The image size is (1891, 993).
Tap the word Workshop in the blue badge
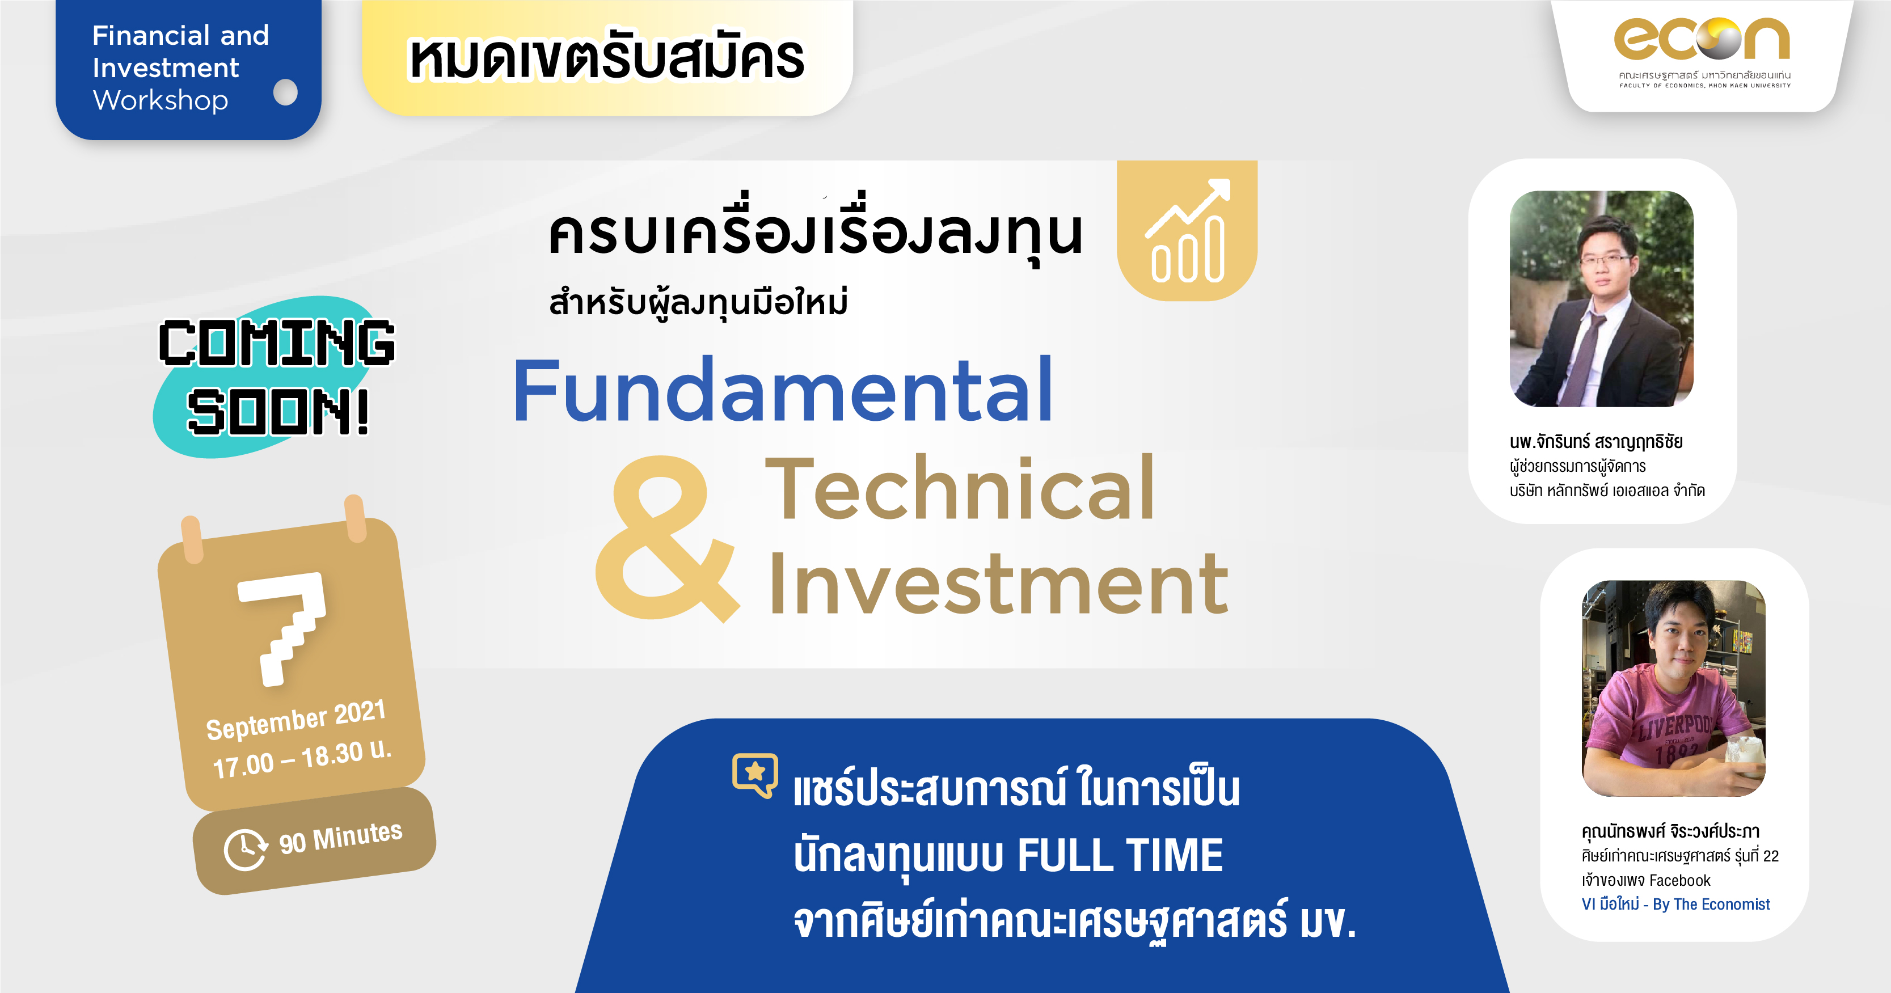pos(161,100)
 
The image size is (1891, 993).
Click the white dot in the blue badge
pos(285,92)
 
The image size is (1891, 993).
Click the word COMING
pos(277,343)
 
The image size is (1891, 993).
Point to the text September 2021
pos(296,720)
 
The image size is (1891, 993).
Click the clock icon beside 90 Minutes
pos(244,850)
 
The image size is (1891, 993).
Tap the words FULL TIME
pos(1120,855)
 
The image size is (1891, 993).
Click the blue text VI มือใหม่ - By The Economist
pos(1676,904)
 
